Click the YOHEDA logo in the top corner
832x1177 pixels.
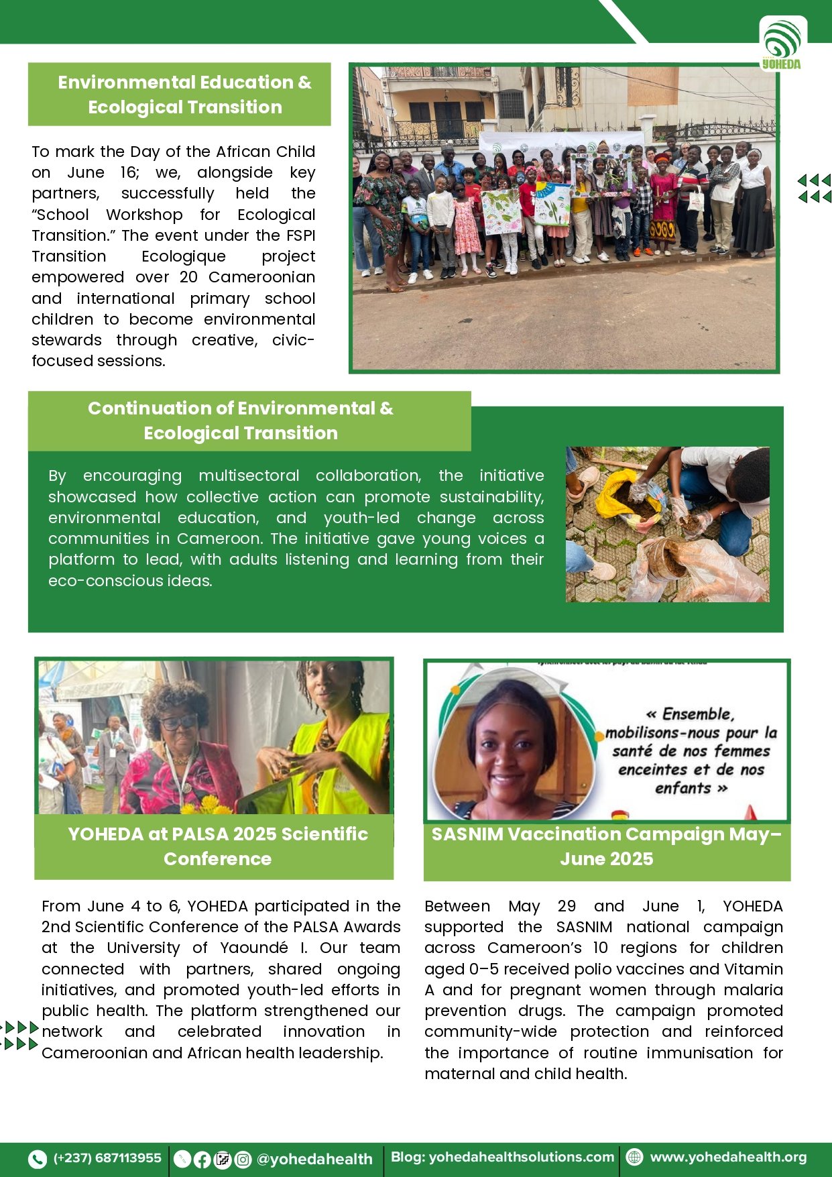click(x=782, y=44)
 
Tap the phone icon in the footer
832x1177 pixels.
click(x=38, y=1158)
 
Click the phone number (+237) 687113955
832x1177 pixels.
click(x=107, y=1158)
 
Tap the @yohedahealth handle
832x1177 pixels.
click(x=314, y=1159)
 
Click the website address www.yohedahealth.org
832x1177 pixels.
click(x=728, y=1157)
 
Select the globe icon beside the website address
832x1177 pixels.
click(x=634, y=1157)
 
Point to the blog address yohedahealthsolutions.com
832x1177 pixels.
click(x=521, y=1157)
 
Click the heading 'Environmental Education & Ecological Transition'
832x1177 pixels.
click(x=184, y=95)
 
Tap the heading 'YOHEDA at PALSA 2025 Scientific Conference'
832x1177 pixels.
click(x=218, y=846)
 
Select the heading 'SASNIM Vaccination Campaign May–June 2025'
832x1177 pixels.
click(x=606, y=846)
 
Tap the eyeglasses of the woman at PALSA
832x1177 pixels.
click(x=179, y=722)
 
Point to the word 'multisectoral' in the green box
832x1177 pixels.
click(x=249, y=475)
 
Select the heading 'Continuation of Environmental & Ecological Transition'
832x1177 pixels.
click(x=241, y=421)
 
